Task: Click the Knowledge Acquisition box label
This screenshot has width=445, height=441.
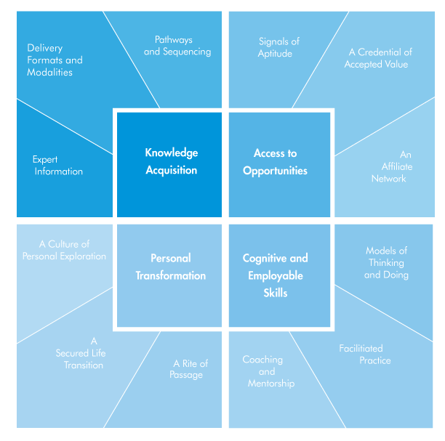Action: (171, 161)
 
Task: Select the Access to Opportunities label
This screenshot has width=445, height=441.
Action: (276, 161)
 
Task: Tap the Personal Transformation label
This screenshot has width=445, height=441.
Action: (171, 267)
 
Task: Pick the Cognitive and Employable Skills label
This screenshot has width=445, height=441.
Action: (276, 275)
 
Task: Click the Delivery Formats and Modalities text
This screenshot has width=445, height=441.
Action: (55, 60)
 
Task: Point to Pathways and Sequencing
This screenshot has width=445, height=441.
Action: (177, 46)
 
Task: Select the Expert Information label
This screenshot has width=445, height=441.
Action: (58, 166)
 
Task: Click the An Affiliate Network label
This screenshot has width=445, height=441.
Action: (391, 166)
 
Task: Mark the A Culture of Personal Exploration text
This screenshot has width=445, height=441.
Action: (64, 250)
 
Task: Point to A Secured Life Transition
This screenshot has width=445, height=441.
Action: (79, 352)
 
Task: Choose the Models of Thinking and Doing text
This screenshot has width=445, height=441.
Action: (386, 263)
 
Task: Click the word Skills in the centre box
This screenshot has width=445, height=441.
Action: (276, 293)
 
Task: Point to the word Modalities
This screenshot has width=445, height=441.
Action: (50, 73)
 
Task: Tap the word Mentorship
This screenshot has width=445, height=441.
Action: (270, 384)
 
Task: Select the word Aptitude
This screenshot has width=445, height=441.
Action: (276, 54)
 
